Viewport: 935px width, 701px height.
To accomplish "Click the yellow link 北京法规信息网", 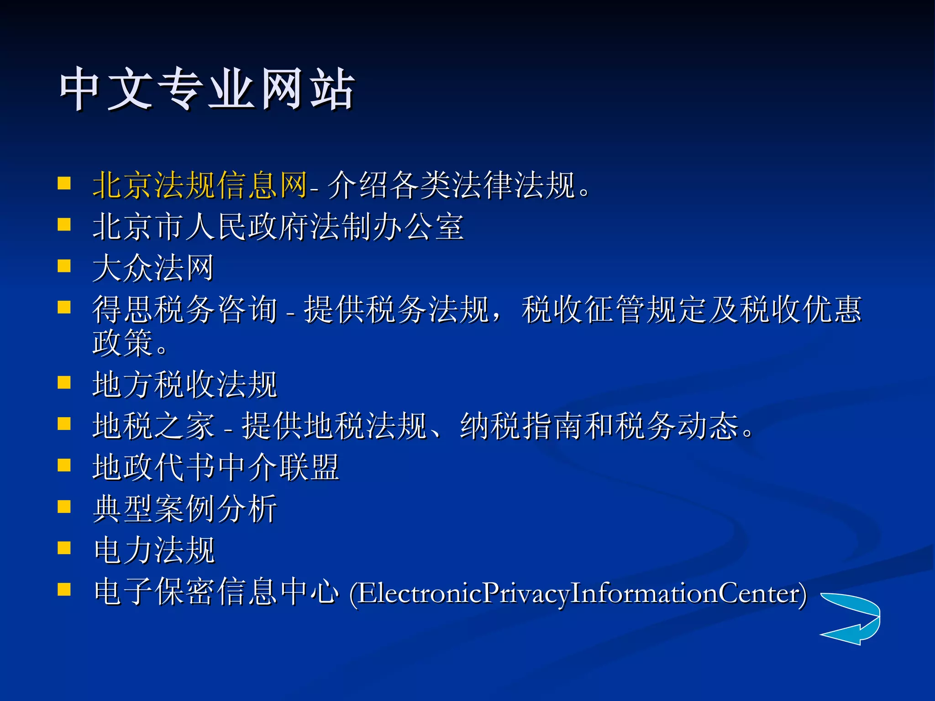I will click(x=200, y=185).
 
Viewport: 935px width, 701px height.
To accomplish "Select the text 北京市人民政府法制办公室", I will click(x=278, y=227).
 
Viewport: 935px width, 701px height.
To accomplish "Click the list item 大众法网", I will click(x=153, y=268).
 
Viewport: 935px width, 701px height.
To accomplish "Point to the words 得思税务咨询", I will click(x=185, y=309).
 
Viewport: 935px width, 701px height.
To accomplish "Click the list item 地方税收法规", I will click(x=185, y=384).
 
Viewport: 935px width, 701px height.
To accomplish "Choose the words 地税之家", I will click(x=153, y=426).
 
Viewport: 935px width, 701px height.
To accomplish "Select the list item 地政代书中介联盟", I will click(x=215, y=467).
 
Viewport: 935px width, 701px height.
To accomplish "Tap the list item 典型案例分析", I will click(x=185, y=508).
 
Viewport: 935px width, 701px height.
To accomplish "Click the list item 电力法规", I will click(x=154, y=550).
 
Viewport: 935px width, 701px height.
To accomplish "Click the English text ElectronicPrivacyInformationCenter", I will click(x=578, y=593).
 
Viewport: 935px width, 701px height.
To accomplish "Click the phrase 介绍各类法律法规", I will click(x=451, y=185).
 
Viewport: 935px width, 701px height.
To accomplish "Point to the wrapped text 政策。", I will click(x=130, y=343).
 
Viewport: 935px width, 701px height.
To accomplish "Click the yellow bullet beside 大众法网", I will click(x=64, y=266).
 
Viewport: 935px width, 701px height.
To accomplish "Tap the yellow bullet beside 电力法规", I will click(x=64, y=548).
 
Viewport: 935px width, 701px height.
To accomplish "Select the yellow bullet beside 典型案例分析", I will click(x=64, y=507).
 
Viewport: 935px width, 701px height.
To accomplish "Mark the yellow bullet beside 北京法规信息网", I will click(x=64, y=183).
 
